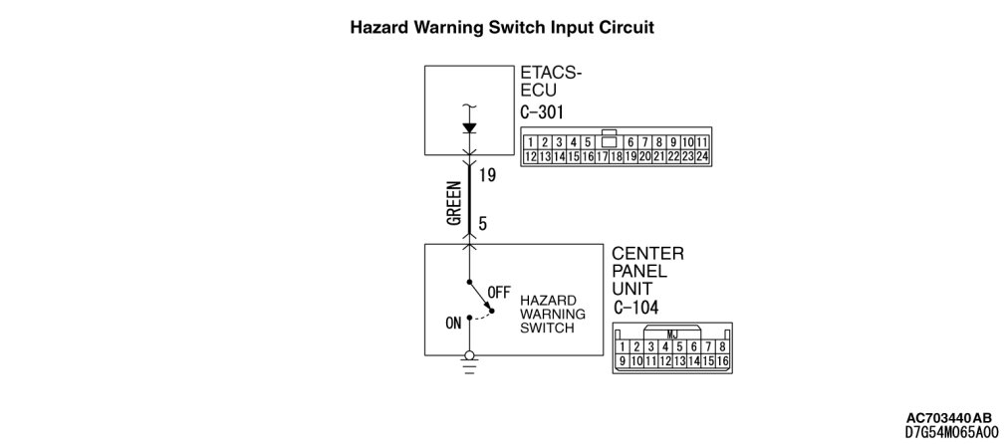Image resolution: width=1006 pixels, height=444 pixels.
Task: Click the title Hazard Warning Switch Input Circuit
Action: click(x=502, y=28)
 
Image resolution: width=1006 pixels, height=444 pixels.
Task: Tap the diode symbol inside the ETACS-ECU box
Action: click(x=470, y=127)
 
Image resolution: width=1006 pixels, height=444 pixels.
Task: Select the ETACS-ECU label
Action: click(x=550, y=81)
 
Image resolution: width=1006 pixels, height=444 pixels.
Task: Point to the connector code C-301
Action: click(x=543, y=111)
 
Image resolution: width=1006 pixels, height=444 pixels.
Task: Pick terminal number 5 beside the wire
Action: click(x=483, y=225)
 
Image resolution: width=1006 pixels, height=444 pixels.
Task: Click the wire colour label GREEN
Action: click(x=454, y=203)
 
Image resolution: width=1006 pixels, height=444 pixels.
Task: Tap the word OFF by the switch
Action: click(x=499, y=292)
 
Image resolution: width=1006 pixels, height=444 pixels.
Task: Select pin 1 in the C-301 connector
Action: click(x=531, y=142)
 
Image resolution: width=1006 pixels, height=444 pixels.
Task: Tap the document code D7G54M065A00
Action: click(x=950, y=432)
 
